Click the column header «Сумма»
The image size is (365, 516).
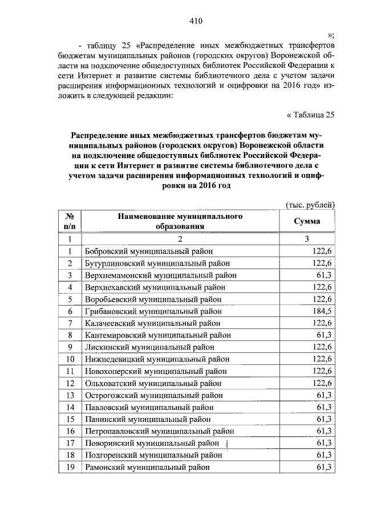pyautogui.click(x=307, y=221)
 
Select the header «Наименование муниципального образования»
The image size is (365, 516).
pyautogui.click(x=180, y=221)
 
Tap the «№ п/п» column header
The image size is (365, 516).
pyautogui.click(x=70, y=221)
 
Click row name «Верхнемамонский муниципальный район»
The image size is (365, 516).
pyautogui.click(x=160, y=275)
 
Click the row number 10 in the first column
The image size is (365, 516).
pyautogui.click(x=70, y=359)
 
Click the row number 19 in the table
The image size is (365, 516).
pyautogui.click(x=70, y=467)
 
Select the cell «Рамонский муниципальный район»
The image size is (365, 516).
pyautogui.click(x=147, y=467)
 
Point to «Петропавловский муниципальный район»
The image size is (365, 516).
pyautogui.click(x=159, y=431)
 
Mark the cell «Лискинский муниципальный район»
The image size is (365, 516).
pyautogui.click(x=149, y=347)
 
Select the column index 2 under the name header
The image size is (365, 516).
pyautogui.click(x=180, y=239)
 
